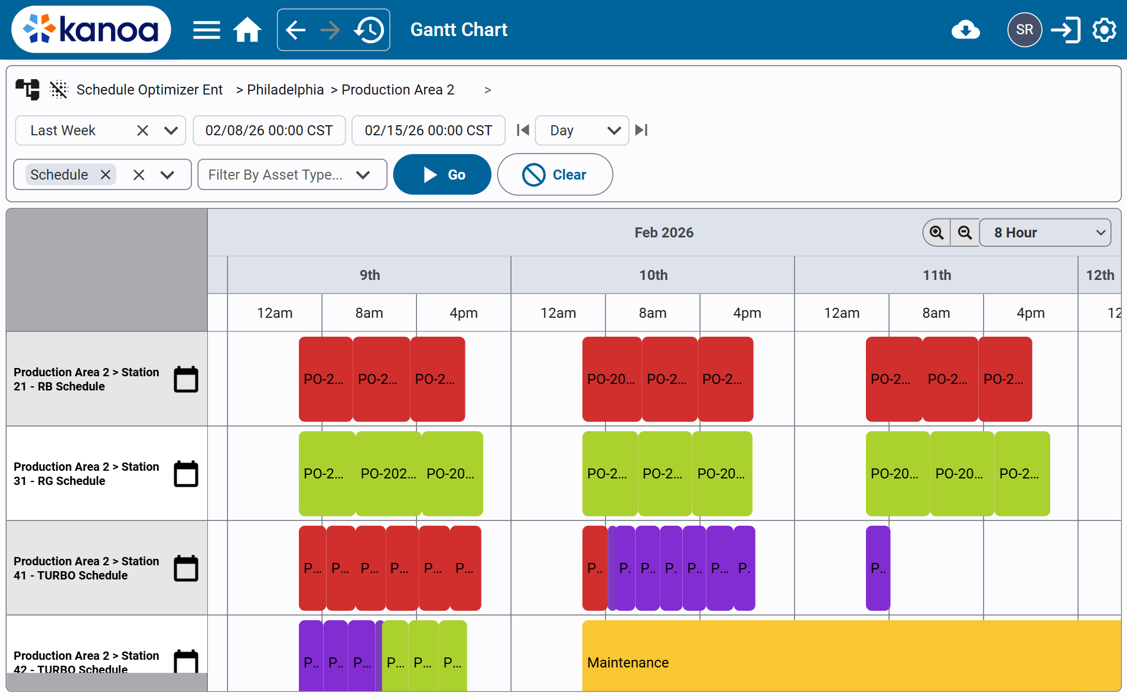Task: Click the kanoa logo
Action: [x=92, y=30]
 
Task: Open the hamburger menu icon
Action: [x=206, y=30]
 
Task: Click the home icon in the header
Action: [x=247, y=30]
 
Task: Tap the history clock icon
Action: [x=369, y=30]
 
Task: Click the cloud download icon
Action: [x=965, y=30]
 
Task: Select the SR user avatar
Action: [x=1024, y=30]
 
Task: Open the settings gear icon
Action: [x=1104, y=30]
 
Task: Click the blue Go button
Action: [x=442, y=175]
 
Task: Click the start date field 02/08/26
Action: [x=269, y=131]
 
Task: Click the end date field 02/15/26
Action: [x=428, y=131]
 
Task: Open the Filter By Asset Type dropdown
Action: [x=292, y=175]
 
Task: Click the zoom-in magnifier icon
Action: [x=936, y=233]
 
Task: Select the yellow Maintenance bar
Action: [x=851, y=656]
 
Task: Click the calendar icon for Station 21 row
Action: [x=186, y=379]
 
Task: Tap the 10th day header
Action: [x=653, y=275]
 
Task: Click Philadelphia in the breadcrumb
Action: [x=285, y=90]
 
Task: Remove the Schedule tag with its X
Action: [x=106, y=175]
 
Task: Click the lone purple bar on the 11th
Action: [x=878, y=568]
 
